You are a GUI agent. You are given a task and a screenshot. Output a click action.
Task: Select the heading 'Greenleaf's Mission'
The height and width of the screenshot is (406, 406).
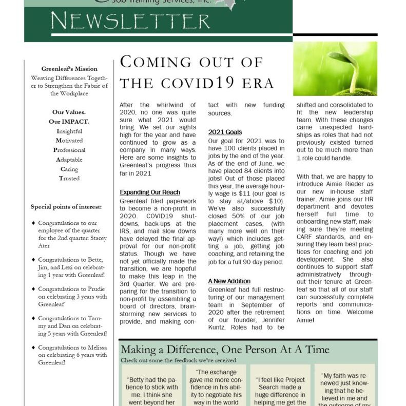click(69, 69)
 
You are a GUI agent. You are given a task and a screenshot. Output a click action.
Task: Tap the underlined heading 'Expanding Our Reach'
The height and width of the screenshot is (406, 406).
click(150, 192)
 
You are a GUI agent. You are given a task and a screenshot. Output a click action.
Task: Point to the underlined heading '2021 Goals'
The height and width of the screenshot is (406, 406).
click(225, 132)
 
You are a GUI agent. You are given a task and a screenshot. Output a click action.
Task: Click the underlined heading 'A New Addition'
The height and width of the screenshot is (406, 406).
click(229, 281)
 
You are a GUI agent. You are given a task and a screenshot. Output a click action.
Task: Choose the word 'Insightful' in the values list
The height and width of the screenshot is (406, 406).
click(69, 131)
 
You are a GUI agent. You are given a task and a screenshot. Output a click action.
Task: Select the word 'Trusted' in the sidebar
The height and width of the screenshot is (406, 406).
click(69, 179)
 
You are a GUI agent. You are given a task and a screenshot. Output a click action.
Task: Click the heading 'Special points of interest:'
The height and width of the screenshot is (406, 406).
click(66, 207)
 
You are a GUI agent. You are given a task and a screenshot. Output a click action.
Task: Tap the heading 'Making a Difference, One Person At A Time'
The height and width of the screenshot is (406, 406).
click(225, 350)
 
